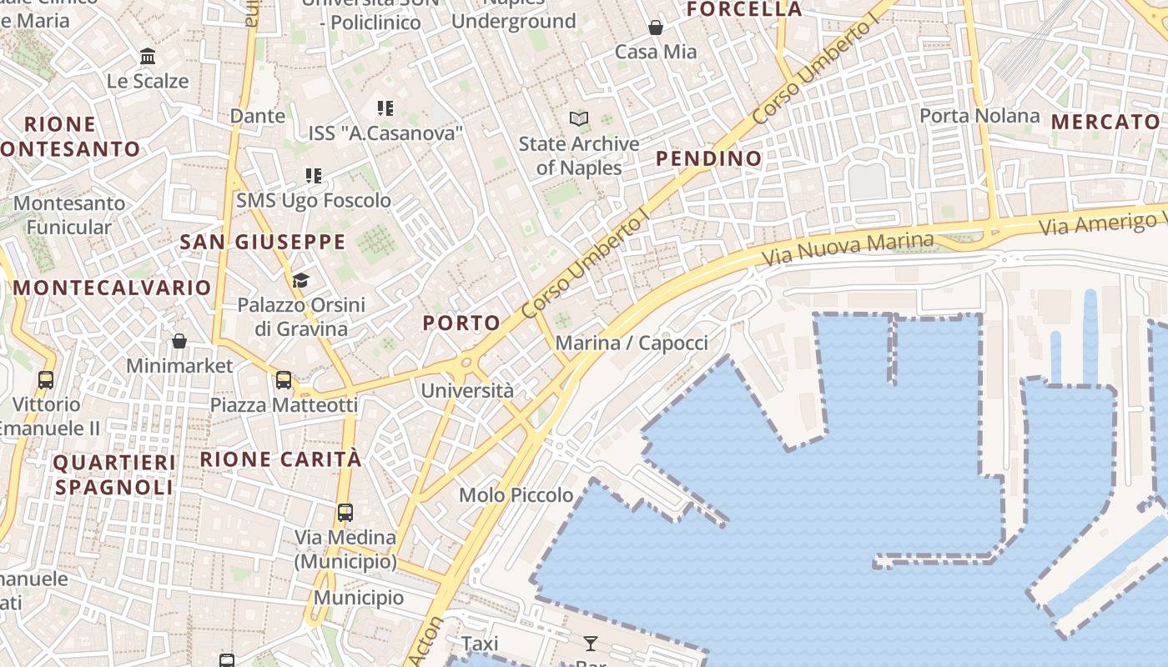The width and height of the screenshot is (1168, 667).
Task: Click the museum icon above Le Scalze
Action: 148,56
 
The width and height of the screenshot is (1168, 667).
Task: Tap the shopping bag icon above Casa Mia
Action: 656,28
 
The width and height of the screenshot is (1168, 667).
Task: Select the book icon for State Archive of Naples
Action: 579,119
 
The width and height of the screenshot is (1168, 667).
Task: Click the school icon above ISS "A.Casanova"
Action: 385,108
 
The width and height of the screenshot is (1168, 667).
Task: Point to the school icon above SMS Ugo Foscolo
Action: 314,175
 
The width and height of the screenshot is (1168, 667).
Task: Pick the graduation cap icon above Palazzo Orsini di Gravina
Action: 300,280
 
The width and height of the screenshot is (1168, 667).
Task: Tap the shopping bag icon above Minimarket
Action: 179,340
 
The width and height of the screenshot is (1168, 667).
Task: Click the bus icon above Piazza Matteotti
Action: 284,380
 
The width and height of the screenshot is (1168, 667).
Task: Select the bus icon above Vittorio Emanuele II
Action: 46,379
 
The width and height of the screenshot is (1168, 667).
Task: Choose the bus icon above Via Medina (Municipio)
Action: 345,512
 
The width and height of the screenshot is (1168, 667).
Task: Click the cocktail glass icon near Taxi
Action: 591,643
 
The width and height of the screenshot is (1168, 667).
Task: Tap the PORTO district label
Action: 461,323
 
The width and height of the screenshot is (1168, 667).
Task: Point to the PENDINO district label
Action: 708,158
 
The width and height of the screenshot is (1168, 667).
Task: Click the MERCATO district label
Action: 1105,122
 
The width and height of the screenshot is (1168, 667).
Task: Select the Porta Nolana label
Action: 979,116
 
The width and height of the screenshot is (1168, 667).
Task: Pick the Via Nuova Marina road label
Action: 848,248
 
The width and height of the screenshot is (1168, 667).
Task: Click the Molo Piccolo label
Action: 516,495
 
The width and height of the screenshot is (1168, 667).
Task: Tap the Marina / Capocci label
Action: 632,343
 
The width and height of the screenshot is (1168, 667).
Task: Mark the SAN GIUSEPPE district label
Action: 263,242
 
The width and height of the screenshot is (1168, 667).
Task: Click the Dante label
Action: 258,116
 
